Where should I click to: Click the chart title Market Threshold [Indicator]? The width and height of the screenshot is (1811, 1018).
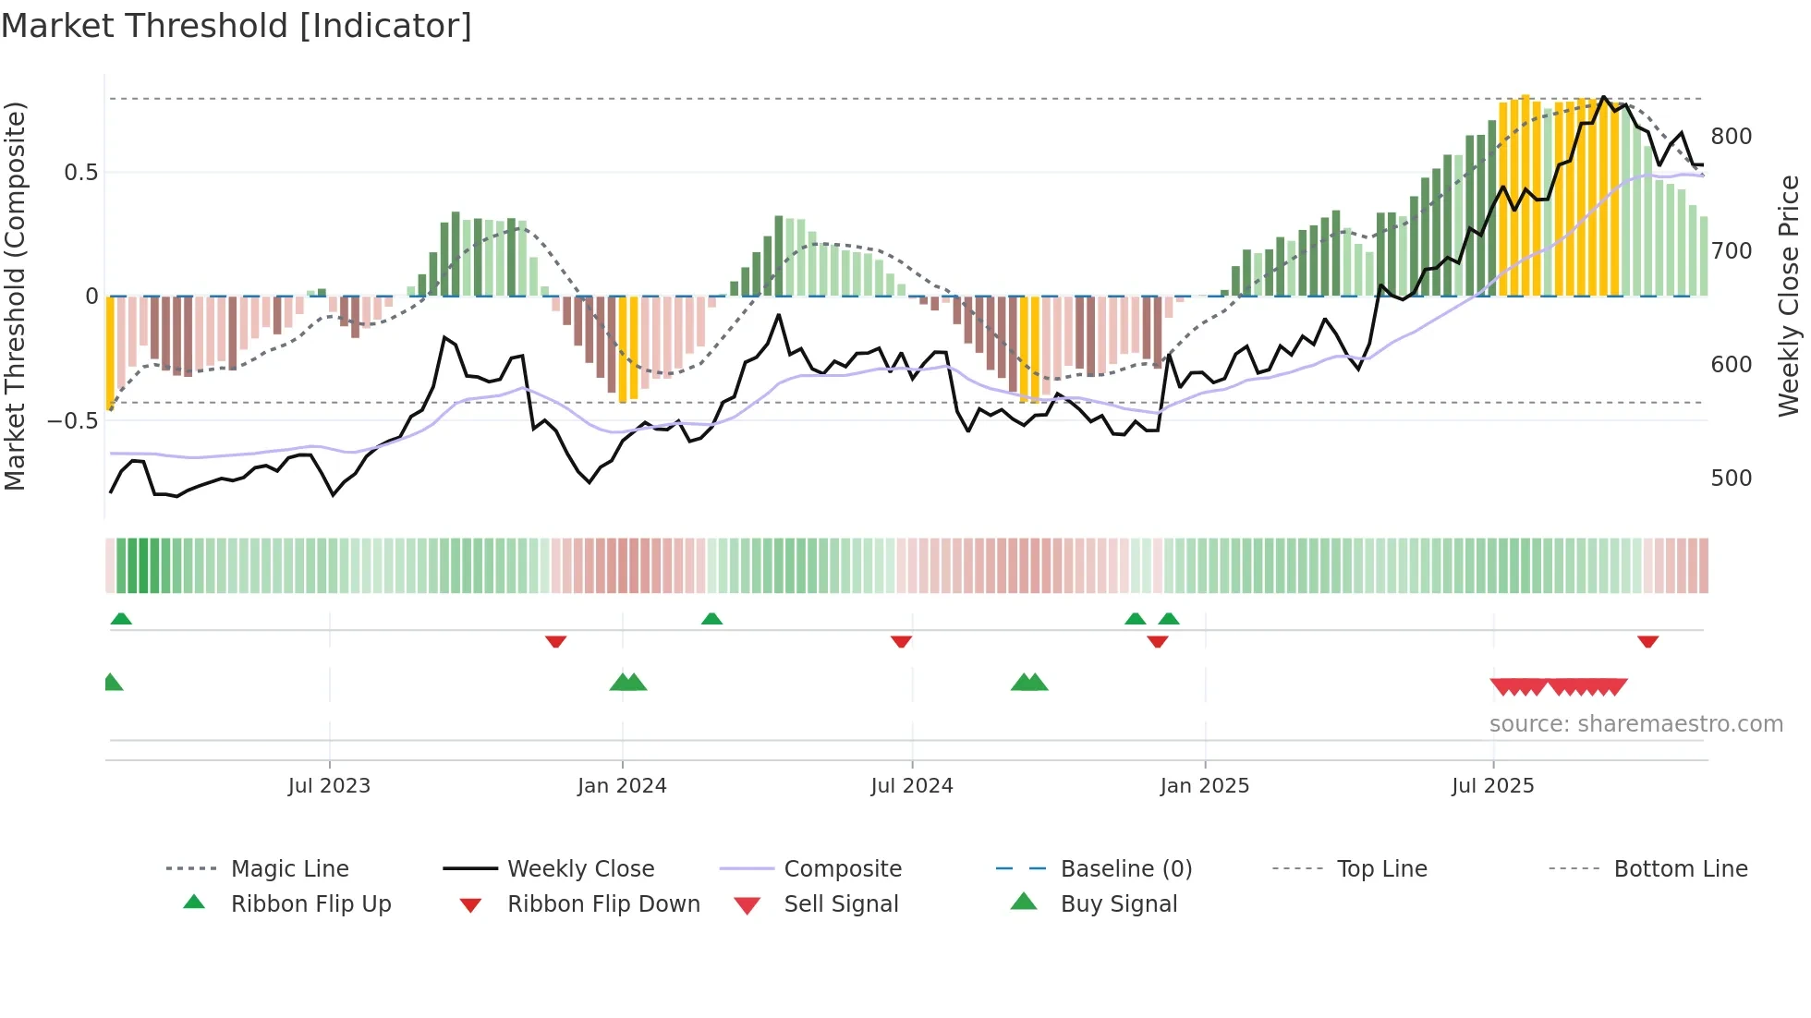[x=237, y=26]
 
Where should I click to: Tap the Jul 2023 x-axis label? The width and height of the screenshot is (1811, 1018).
[x=329, y=786]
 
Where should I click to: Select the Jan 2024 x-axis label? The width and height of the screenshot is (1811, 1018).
[x=622, y=786]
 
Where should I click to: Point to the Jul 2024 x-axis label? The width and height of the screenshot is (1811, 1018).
[x=912, y=786]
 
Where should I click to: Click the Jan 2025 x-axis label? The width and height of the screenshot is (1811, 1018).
[x=1205, y=786]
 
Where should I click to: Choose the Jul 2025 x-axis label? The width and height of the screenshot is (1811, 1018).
[x=1493, y=786]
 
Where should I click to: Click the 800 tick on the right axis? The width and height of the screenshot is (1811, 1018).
[x=1732, y=137]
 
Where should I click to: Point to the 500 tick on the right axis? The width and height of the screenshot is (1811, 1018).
[x=1732, y=479]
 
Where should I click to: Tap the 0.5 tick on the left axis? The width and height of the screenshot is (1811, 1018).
[x=80, y=173]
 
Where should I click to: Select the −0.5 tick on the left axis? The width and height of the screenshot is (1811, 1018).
[x=73, y=421]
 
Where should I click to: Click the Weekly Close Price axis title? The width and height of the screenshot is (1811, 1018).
[x=1790, y=296]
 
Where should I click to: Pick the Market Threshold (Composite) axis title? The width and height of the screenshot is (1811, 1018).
[x=15, y=296]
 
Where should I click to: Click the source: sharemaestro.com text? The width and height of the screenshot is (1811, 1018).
[x=1635, y=724]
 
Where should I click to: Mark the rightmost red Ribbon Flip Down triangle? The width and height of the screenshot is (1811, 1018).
[x=1647, y=641]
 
